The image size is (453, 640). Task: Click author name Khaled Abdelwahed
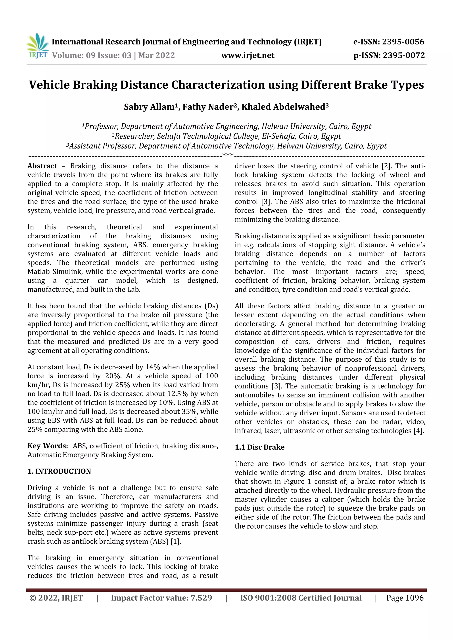(x=285, y=107)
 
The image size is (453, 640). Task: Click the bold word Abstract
(x=42, y=166)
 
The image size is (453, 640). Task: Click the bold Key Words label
(x=48, y=446)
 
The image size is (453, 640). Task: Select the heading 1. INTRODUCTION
(x=59, y=471)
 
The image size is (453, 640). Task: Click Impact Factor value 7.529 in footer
(x=161, y=598)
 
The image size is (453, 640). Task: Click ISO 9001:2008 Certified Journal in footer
(x=301, y=598)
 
